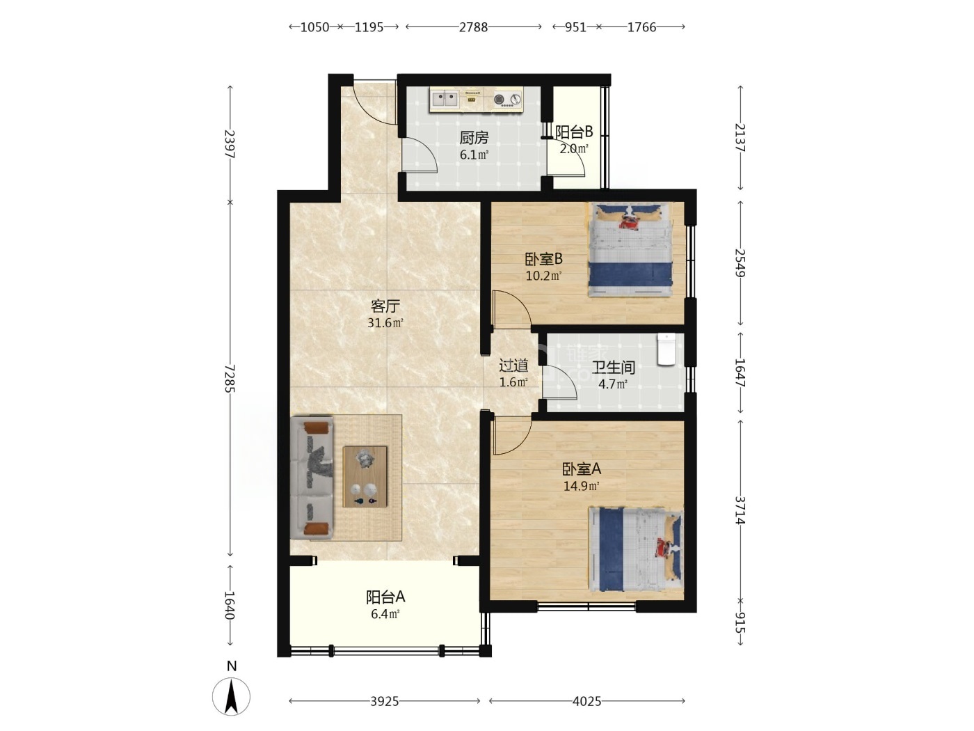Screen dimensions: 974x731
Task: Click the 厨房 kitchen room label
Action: tap(474, 138)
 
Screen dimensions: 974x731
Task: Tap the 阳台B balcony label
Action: tap(574, 132)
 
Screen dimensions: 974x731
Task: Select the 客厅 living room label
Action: tap(385, 306)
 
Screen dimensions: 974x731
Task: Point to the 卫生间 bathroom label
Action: tap(613, 367)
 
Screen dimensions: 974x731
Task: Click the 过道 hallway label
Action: tap(513, 365)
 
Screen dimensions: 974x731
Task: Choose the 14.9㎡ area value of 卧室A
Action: tap(582, 486)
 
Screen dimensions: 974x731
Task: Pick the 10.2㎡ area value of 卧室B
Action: tap(543, 276)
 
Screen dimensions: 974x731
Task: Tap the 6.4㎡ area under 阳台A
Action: tap(385, 614)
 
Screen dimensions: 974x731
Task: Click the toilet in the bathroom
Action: tap(666, 349)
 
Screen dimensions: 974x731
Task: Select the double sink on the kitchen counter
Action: tap(445, 99)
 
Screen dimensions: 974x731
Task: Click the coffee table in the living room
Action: tap(365, 477)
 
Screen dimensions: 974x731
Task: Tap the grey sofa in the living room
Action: tap(312, 478)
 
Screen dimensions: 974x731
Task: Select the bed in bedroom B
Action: tap(630, 249)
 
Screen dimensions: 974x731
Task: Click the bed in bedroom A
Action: tap(636, 549)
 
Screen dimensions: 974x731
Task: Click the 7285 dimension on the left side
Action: tap(230, 379)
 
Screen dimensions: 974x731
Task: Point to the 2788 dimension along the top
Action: tap(473, 27)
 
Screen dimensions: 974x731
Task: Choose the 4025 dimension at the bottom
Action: tap(586, 701)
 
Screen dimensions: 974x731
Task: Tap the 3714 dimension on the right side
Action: tap(740, 510)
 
